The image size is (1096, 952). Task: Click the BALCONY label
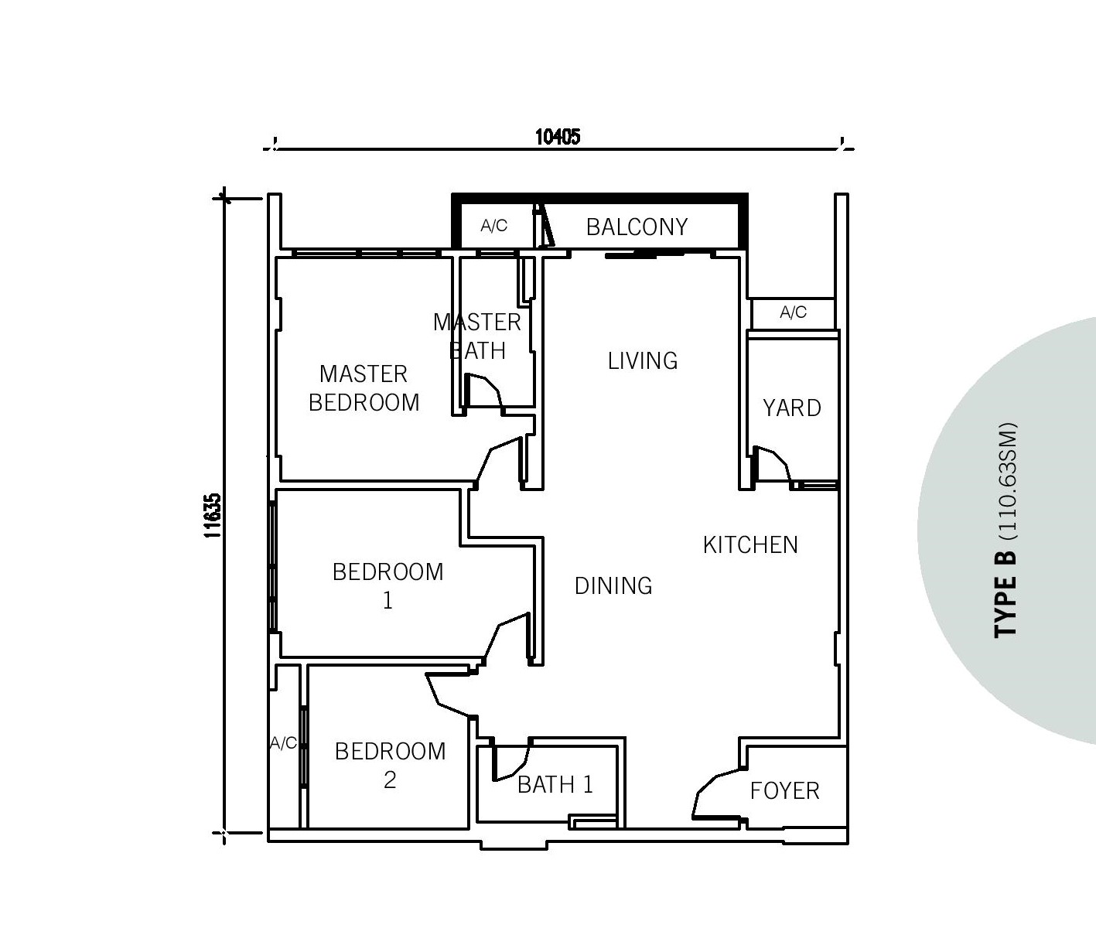[x=637, y=227]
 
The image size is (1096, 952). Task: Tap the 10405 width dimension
[x=558, y=137]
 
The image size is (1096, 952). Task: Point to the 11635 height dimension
[x=213, y=515]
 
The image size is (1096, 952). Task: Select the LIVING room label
[x=642, y=361]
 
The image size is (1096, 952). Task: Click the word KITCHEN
[x=750, y=545]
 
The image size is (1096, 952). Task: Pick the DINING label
[x=613, y=585]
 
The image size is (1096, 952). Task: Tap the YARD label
[x=792, y=408]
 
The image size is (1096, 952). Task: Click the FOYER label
[x=785, y=791]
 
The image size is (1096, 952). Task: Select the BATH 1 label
[x=555, y=785]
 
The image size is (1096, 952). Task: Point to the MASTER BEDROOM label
[x=364, y=388]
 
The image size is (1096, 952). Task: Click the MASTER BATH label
[x=476, y=336]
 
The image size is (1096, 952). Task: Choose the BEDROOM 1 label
[x=388, y=586]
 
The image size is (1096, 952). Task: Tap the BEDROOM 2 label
[x=390, y=766]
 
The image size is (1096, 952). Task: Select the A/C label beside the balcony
[x=493, y=226]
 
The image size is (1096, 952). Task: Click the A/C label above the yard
[x=793, y=312]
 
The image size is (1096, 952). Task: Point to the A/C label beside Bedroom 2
[x=283, y=743]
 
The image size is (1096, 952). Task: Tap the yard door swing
[x=771, y=464]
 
